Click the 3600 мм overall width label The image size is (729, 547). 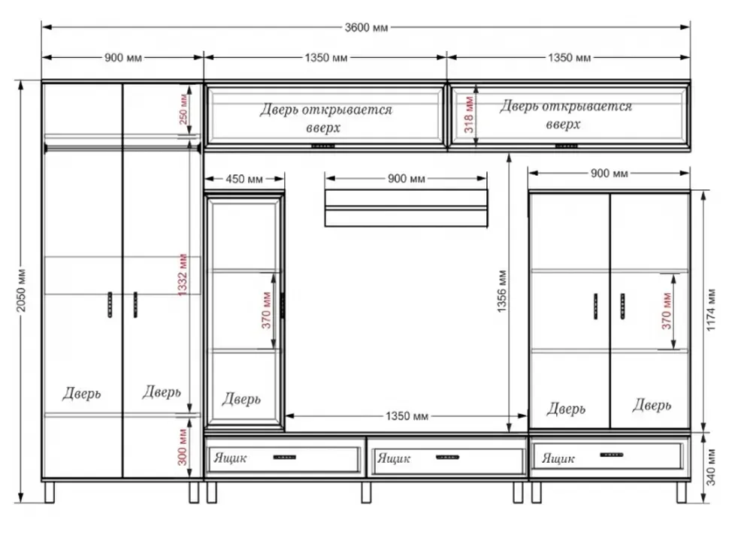[366, 27]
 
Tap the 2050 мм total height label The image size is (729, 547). [22, 290]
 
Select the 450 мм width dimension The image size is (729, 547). [244, 179]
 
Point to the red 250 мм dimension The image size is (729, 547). [183, 109]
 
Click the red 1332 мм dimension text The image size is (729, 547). [182, 275]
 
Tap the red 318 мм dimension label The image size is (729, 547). [469, 114]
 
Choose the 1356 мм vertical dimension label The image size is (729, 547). [501, 291]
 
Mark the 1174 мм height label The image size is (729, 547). [711, 310]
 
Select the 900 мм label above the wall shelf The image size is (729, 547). [406, 179]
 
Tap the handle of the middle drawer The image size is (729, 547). [447, 458]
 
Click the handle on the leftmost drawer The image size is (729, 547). [285, 458]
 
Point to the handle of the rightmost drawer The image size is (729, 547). [611, 455]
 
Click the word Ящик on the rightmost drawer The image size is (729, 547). [558, 459]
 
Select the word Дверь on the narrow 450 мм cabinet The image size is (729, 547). [241, 399]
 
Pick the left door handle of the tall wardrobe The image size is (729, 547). [110, 305]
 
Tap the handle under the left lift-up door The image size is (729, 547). [322, 146]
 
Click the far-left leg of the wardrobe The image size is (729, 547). [50, 491]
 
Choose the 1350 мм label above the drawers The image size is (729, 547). [407, 416]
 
